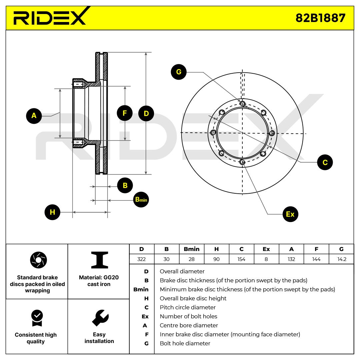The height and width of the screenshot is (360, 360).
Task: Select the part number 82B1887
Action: click(321, 18)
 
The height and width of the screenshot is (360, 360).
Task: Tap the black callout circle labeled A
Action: click(34, 116)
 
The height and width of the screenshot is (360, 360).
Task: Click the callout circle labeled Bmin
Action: click(141, 200)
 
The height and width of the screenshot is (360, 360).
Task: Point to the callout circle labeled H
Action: click(52, 212)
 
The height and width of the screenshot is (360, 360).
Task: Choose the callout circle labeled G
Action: click(179, 72)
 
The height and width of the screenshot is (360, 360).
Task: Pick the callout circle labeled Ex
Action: click(290, 214)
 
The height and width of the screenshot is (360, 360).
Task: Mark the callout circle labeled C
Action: click(325, 162)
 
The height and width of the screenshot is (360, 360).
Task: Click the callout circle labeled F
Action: click(125, 113)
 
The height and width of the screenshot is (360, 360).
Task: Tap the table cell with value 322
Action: click(142, 259)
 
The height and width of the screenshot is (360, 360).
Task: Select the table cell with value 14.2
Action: click(342, 259)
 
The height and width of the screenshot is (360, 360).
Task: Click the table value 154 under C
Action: click(242, 259)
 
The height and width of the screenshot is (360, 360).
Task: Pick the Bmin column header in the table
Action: click(191, 249)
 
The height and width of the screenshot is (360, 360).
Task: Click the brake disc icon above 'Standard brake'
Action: click(38, 260)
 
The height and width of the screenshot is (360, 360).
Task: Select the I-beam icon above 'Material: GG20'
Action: click(100, 260)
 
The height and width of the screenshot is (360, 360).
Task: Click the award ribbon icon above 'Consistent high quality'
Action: click(37, 318)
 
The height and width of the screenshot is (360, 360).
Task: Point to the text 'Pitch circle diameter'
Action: click(188, 307)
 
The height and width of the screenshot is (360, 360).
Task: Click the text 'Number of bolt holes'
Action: click(188, 316)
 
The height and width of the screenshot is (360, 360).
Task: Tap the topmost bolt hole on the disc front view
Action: click(242, 104)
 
